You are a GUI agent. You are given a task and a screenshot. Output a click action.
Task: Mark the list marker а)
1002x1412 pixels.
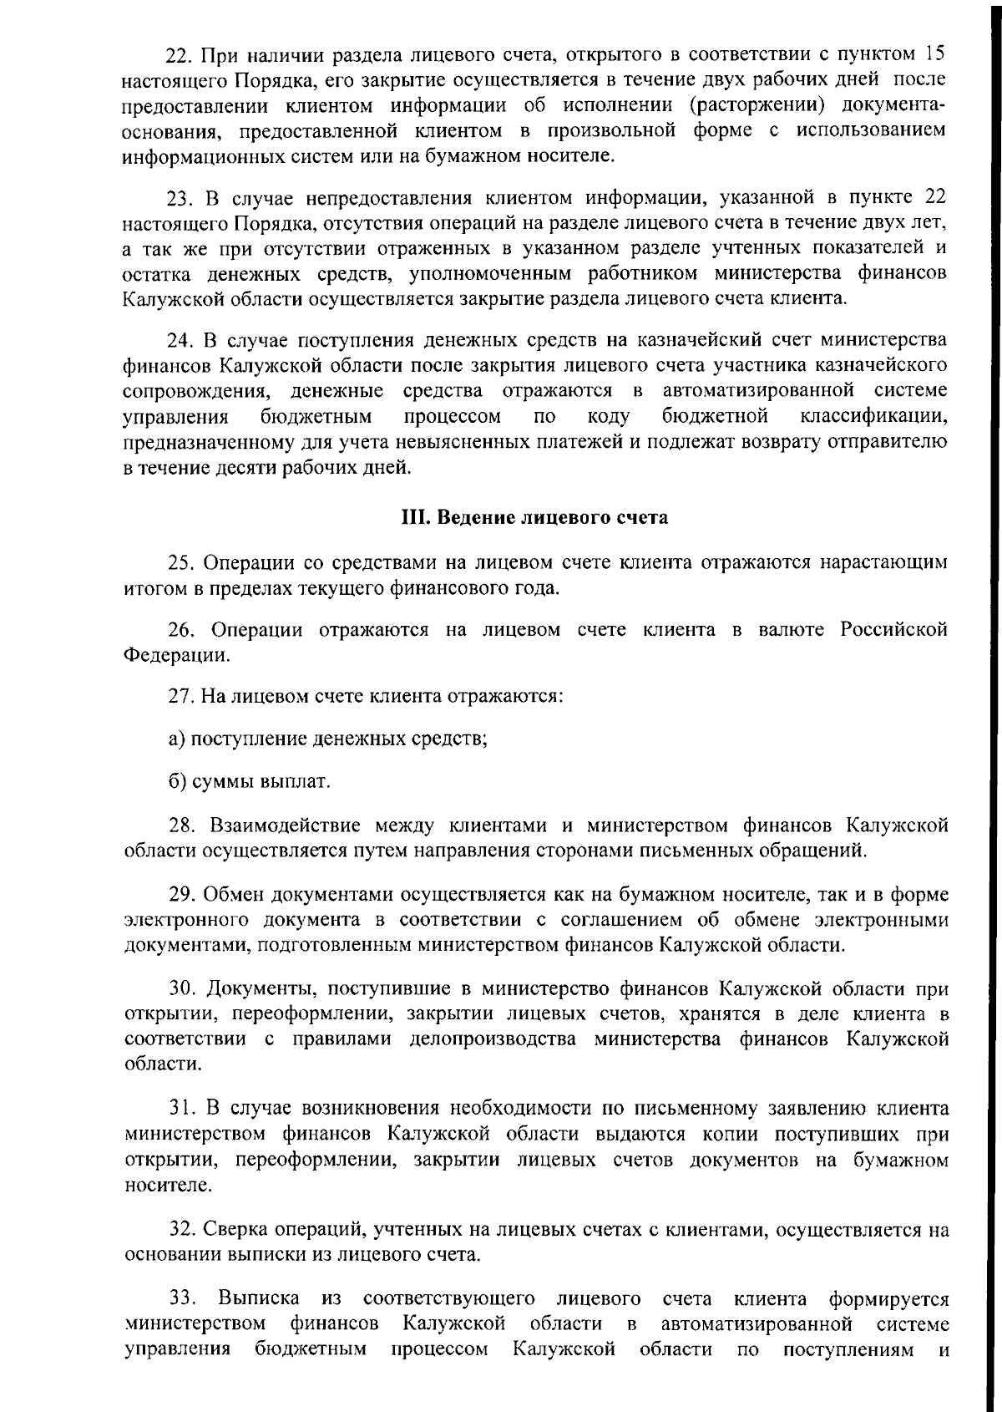point(176,739)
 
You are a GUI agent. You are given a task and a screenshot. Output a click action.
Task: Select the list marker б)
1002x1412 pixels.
point(176,783)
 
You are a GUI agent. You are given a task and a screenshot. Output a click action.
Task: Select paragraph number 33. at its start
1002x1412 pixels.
point(183,1299)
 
